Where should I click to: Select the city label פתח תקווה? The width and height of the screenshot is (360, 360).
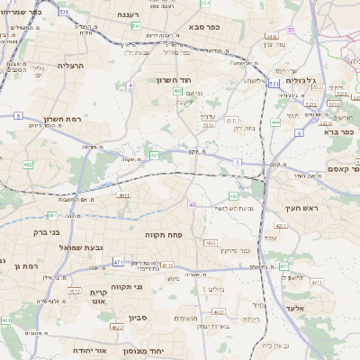coord(163,234)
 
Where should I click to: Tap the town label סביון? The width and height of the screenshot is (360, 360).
coord(138,318)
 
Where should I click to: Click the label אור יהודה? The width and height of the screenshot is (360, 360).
coord(89,349)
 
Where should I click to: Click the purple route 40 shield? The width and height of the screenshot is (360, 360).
coord(192,205)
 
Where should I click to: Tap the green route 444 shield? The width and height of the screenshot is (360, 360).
coord(274,121)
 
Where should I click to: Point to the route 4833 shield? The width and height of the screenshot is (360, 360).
coord(211,243)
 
